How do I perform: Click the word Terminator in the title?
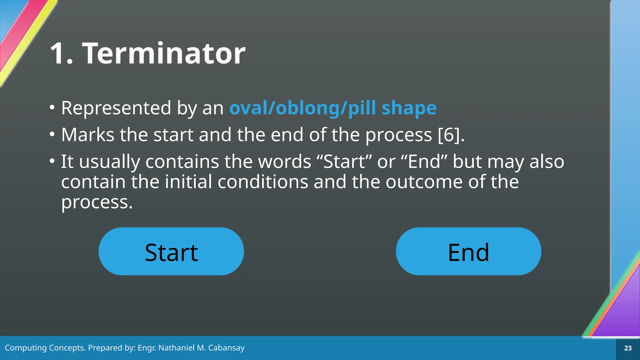point(164,53)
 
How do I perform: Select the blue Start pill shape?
point(171,252)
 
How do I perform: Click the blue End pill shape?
point(468,252)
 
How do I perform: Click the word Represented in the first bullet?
point(116,108)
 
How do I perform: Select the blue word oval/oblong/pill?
point(302,108)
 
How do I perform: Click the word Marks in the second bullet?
point(88,135)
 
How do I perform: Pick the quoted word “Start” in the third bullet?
point(344,162)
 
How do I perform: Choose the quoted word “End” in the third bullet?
point(423,162)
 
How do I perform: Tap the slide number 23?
point(628,348)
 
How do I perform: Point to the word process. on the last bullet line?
point(97,202)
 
